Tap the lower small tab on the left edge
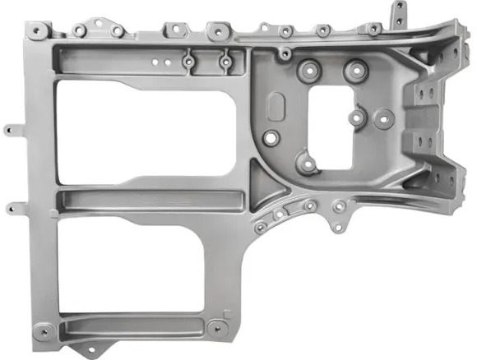pyautogui.click(x=10, y=209)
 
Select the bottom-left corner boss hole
pyautogui.click(x=39, y=333)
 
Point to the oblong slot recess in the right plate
pyautogui.click(x=277, y=107)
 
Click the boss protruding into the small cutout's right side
pyautogui.click(x=357, y=117)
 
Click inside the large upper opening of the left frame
pyautogui.click(x=140, y=123)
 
